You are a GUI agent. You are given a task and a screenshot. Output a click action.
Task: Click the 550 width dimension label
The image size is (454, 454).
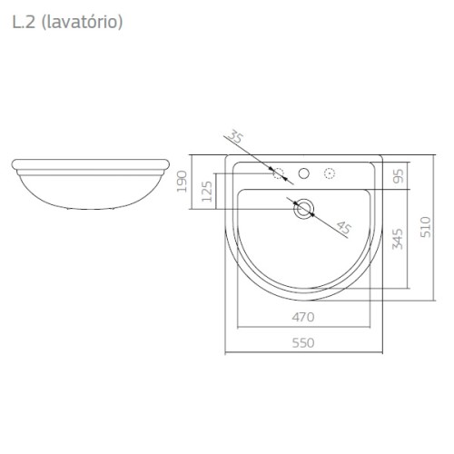pos(303,343)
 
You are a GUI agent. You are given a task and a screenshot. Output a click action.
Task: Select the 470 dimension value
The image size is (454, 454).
pos(303,317)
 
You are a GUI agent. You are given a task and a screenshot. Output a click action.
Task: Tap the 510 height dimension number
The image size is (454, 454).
pos(426,227)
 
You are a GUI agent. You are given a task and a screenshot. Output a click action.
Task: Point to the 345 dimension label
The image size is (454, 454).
pos(398,239)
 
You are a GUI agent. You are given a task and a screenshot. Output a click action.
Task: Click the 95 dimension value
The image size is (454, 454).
pos(399,176)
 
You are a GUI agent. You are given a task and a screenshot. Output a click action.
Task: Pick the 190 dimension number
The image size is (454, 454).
pos(182,182)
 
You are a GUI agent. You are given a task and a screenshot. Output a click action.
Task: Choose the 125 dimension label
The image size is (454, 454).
pos(207,192)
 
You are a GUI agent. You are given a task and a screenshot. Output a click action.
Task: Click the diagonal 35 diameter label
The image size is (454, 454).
pos(235,136)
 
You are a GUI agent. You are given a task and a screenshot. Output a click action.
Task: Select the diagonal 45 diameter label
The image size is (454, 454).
pos(344,227)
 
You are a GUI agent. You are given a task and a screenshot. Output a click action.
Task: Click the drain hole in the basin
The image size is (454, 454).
pos(303,209)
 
